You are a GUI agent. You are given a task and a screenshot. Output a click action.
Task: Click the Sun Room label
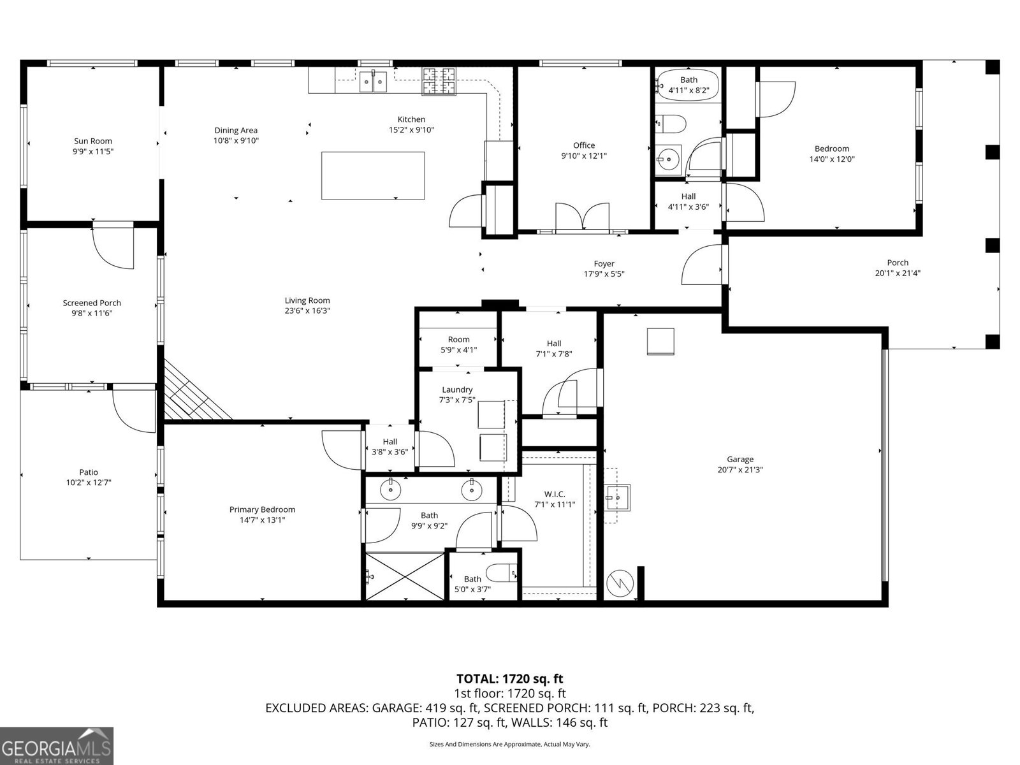pyautogui.click(x=93, y=142)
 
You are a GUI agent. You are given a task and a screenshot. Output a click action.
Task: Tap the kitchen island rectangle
pyautogui.click(x=373, y=175)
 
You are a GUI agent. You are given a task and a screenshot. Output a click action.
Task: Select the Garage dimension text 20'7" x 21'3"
pyautogui.click(x=740, y=470)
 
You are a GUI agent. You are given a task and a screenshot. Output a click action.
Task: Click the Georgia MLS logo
pyautogui.click(x=56, y=745)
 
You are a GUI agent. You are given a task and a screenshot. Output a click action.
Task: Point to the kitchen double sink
pyautogui.click(x=373, y=82)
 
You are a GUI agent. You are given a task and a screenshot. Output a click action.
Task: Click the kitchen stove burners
pyautogui.click(x=440, y=81)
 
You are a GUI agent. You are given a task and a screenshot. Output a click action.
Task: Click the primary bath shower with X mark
pyautogui.click(x=405, y=576)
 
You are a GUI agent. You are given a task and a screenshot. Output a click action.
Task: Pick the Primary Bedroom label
pyautogui.click(x=262, y=509)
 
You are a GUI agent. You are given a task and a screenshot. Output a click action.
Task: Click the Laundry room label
pyautogui.click(x=457, y=390)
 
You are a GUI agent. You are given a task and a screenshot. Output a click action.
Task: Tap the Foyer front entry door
pyautogui.click(x=702, y=265)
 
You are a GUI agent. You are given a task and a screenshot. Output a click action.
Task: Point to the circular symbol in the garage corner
pyautogui.click(x=619, y=583)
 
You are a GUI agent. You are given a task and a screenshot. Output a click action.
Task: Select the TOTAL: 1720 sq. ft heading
pyautogui.click(x=509, y=679)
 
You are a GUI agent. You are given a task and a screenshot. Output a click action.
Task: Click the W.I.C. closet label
pyautogui.click(x=554, y=494)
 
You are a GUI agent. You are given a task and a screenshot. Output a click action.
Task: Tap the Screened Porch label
pyautogui.click(x=92, y=303)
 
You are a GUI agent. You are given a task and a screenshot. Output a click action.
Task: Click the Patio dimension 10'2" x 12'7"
pyautogui.click(x=89, y=483)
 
